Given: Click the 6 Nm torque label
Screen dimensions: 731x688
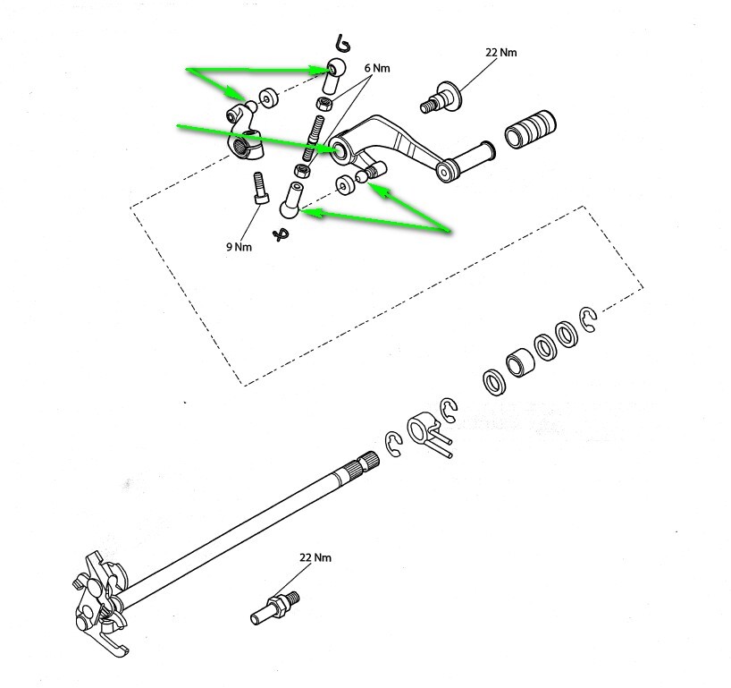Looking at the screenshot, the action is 377,68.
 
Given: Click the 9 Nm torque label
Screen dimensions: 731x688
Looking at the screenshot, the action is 239,247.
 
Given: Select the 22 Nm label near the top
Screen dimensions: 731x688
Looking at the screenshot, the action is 501,52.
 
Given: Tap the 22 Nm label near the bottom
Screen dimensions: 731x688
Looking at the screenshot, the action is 315,557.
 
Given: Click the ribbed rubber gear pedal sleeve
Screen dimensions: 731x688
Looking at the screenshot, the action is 531,130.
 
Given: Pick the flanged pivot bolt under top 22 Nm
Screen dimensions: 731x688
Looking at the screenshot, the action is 441,98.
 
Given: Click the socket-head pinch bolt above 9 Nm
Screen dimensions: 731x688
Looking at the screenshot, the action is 261,188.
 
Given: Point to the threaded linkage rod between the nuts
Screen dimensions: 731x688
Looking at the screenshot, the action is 314,137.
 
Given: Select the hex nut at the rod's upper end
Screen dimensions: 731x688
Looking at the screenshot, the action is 324,103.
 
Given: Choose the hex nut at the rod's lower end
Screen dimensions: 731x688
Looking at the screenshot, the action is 303,171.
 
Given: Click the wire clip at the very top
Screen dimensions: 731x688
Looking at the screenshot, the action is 342,43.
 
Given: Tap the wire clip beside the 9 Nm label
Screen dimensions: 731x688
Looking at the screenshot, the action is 281,234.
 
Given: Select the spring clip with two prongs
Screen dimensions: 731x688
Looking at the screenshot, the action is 429,434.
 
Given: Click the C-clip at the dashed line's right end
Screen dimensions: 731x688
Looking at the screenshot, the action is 588,319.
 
